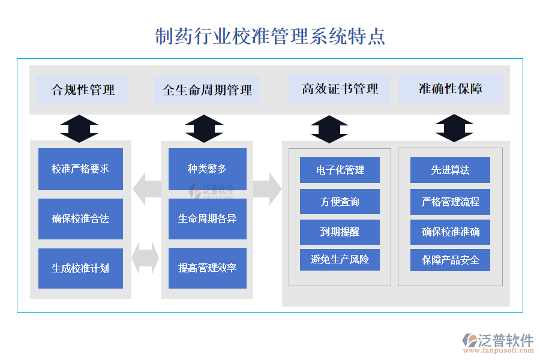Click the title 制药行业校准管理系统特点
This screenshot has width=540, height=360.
pos(270,36)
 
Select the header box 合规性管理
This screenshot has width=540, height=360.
pos(83,90)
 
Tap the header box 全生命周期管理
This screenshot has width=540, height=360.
pos(207,90)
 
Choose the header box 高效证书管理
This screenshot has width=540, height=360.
pos(340,89)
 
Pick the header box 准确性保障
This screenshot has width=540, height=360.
pos(451,89)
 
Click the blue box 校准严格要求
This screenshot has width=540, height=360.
pos(80,169)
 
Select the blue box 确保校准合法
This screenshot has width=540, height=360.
pos(80,219)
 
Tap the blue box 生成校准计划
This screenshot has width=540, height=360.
pos(80,268)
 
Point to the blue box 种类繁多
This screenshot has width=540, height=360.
pos(207,169)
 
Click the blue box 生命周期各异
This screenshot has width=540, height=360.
pos(207,219)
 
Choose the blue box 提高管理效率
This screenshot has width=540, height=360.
pos(207,268)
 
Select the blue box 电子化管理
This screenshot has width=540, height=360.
pos(340,170)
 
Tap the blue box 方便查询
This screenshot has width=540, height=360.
pos(340,202)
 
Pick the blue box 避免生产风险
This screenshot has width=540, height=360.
pos(340,260)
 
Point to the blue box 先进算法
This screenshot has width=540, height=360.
pos(450,170)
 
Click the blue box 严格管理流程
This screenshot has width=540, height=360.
pos(450,202)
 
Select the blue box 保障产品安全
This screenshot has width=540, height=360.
pos(450,260)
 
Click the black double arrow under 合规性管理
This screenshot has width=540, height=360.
pos(79,128)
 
